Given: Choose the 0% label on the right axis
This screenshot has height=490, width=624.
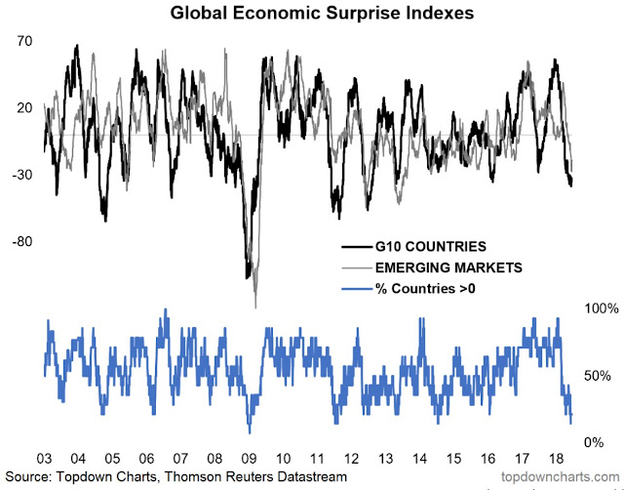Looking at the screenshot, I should click(591, 442).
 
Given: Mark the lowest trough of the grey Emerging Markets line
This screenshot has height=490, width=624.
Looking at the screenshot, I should click(255, 306).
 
